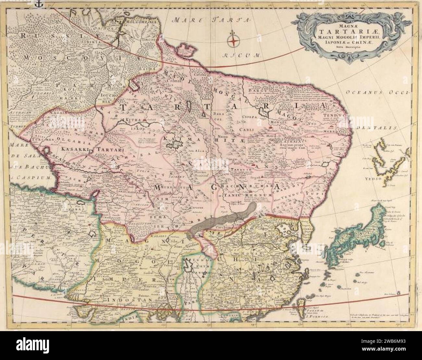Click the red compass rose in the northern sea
pyautogui.click(x=233, y=40)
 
